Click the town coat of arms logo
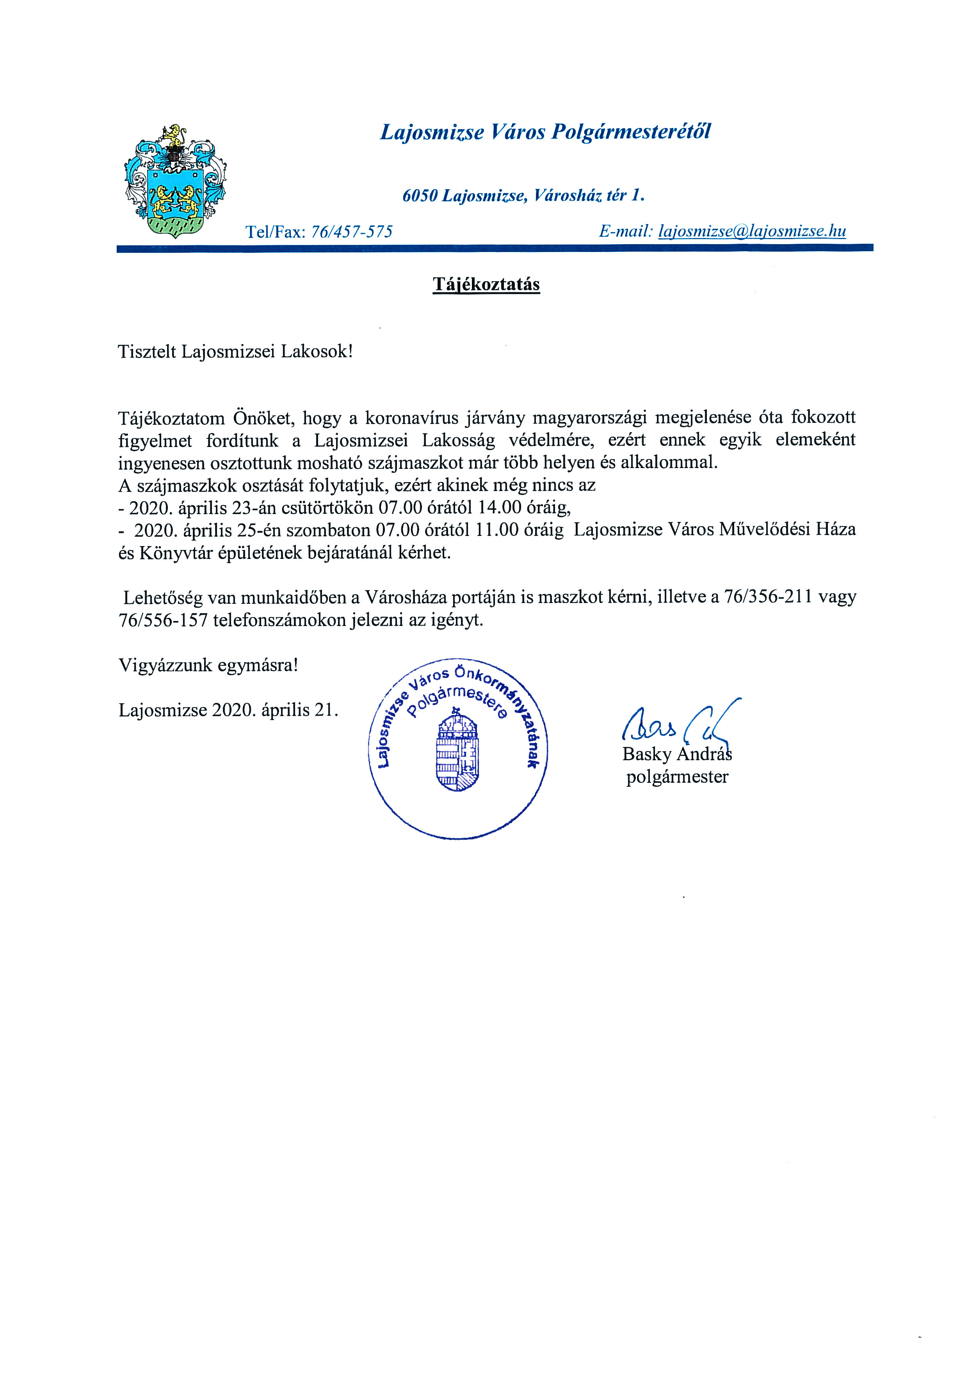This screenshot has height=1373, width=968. click(x=175, y=182)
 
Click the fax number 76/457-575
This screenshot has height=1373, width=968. click(x=352, y=231)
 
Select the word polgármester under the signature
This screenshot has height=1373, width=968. click(x=677, y=777)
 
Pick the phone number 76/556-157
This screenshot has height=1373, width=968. click(x=163, y=620)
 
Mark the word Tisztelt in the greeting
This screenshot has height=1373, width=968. click(x=147, y=351)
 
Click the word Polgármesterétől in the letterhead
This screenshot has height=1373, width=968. click(x=631, y=131)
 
